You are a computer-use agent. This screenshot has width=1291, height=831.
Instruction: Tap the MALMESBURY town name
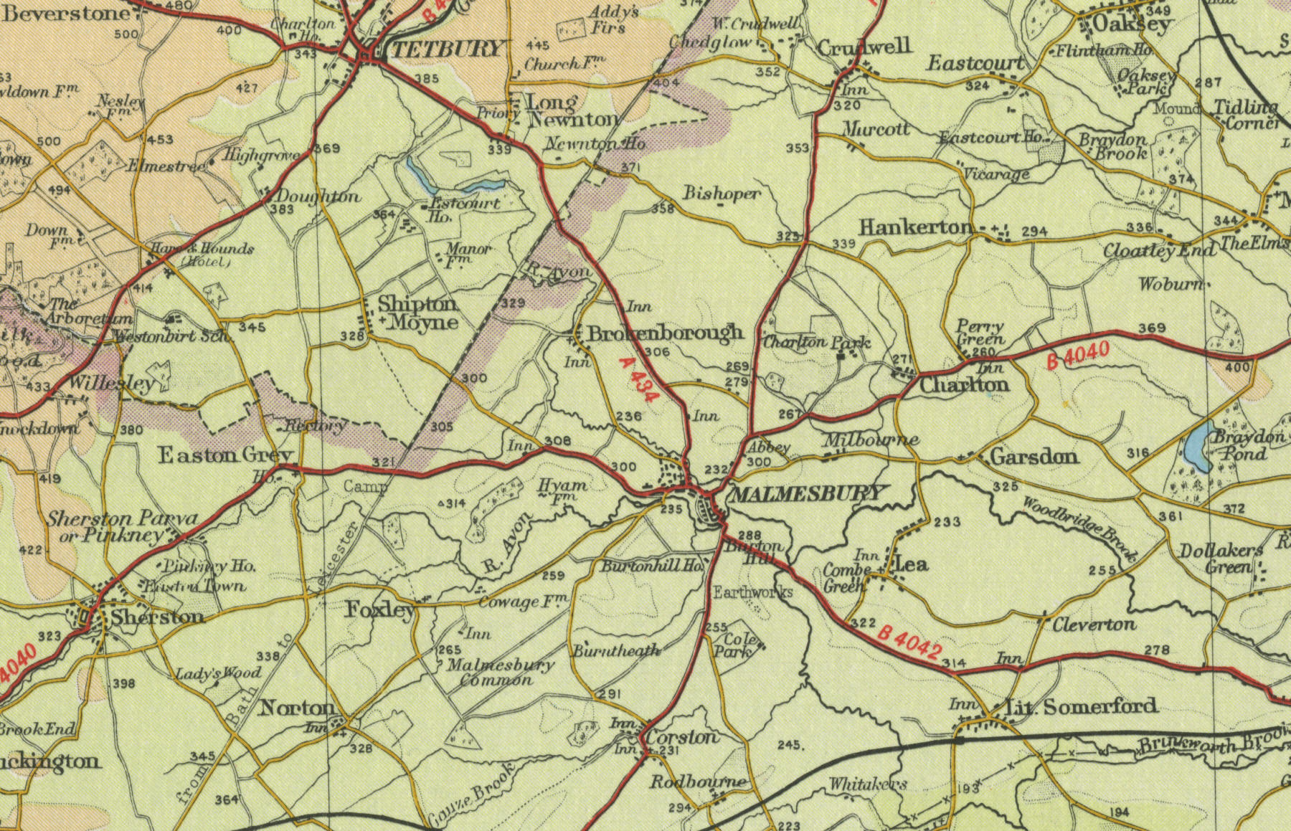point(806,493)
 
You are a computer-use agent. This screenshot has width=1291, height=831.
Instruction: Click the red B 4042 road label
point(909,642)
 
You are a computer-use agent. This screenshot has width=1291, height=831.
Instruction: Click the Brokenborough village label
point(665,333)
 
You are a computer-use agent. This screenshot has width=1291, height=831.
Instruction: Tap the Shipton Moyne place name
point(418,313)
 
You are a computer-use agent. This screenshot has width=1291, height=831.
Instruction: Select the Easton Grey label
point(225,455)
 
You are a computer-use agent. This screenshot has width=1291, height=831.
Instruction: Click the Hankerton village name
point(915,227)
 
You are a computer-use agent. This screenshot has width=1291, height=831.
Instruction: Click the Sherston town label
point(157,616)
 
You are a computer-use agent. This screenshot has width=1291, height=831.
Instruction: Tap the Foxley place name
point(380,610)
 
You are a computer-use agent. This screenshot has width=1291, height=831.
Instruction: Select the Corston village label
point(681,737)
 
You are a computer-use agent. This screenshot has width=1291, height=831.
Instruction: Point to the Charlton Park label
point(816,342)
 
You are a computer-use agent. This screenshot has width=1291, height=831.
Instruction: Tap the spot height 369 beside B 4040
point(1152,328)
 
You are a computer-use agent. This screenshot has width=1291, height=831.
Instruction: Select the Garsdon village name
point(1034,456)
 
